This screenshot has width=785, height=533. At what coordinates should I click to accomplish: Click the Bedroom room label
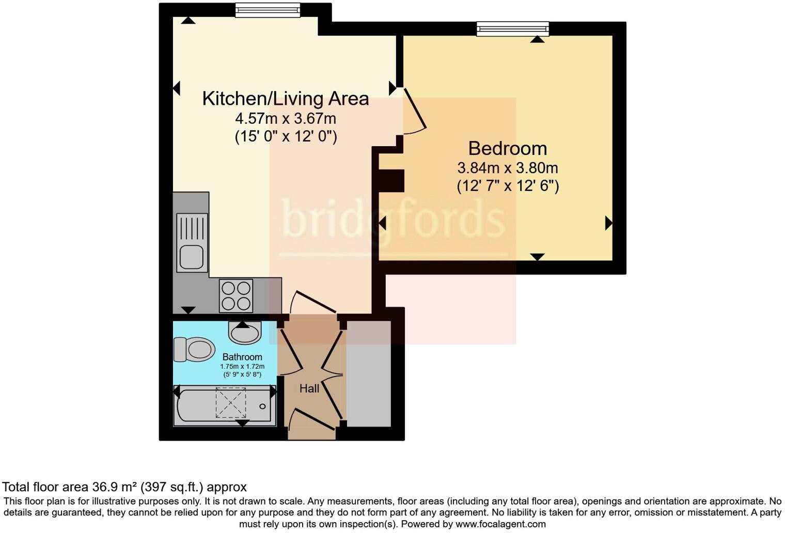pos(507,149)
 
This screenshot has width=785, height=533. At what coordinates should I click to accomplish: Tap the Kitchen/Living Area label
pos(285,98)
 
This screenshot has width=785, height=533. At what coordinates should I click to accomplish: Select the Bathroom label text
pos(242,357)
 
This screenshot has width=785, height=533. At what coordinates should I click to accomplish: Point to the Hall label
pos(309,388)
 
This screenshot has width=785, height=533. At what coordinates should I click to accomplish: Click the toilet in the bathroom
pos(194,349)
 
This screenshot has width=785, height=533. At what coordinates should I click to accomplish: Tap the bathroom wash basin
pos(246,333)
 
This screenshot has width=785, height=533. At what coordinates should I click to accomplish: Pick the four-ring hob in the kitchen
pos(236,295)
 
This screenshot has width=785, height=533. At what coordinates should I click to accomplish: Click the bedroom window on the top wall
pos(512,28)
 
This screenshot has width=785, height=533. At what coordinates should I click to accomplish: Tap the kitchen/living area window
pos(267,10)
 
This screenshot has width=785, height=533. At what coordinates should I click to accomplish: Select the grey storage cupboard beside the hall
pos(368,373)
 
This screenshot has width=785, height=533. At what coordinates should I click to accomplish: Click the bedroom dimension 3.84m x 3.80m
pos(507,168)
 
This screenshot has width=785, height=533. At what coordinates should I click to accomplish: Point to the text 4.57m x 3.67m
pos(285,119)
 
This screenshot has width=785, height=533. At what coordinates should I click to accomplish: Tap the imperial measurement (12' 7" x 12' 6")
pos(507,186)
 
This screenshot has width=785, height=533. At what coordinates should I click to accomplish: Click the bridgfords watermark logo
pos(392,220)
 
